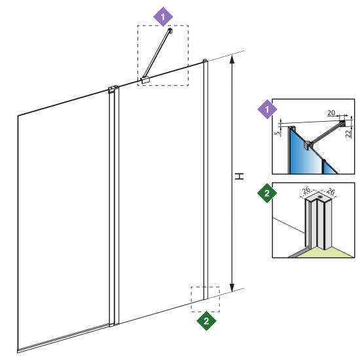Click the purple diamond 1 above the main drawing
(x=163, y=17)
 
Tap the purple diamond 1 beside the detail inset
(x=267, y=109)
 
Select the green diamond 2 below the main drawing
(x=206, y=321)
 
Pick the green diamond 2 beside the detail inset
(x=267, y=193)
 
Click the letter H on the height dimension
(x=239, y=176)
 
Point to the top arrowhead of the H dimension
(x=232, y=59)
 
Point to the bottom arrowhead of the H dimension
(x=232, y=287)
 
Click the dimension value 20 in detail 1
(x=331, y=113)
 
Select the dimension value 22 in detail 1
(x=349, y=134)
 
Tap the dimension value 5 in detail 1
(x=278, y=133)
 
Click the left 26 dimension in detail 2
(x=306, y=190)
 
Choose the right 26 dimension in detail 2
(x=331, y=191)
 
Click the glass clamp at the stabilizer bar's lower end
(x=145, y=80)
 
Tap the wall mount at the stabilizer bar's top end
(x=170, y=31)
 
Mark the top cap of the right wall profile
(x=206, y=61)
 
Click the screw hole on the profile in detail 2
(x=320, y=197)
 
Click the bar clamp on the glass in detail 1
(x=308, y=145)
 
